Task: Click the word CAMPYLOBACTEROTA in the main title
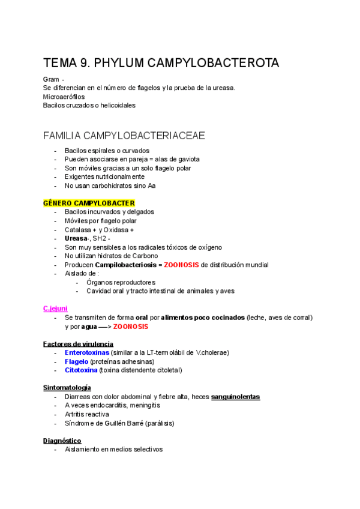pyautogui.click(x=211, y=64)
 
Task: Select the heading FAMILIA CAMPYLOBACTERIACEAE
pyautogui.click(x=124, y=136)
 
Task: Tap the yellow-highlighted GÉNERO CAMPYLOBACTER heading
pyautogui.click(x=89, y=203)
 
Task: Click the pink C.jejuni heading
pyautogui.click(x=55, y=309)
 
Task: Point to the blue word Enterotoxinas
pyautogui.click(x=87, y=352)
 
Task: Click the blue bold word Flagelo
pyautogui.click(x=77, y=361)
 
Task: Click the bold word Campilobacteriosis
pyautogui.click(x=125, y=265)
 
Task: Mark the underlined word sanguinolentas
pyautogui.click(x=235, y=397)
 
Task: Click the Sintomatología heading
pyautogui.click(x=67, y=388)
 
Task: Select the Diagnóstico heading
pyautogui.click(x=62, y=441)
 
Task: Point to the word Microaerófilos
pyautogui.click(x=64, y=97)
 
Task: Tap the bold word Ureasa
pyautogui.click(x=76, y=238)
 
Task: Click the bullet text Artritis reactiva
pyautogui.click(x=87, y=414)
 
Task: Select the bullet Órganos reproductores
pyautogui.click(x=121, y=282)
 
